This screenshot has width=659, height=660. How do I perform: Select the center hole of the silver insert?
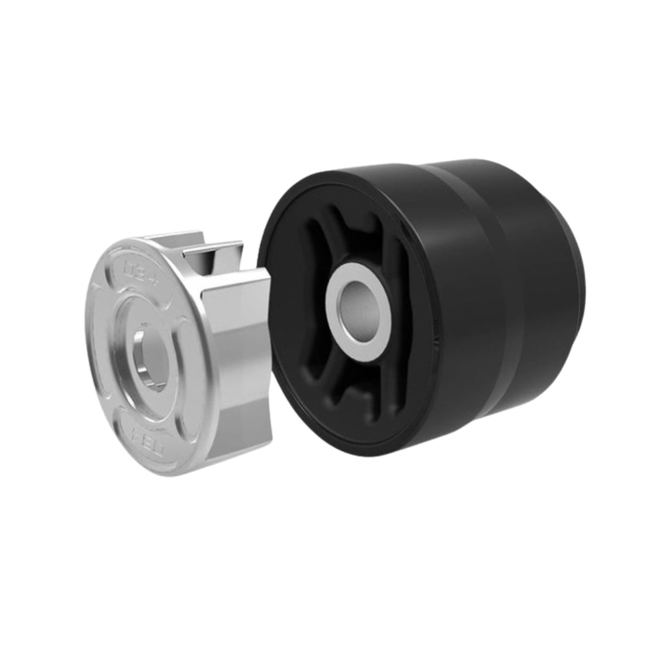pos(152,358)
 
